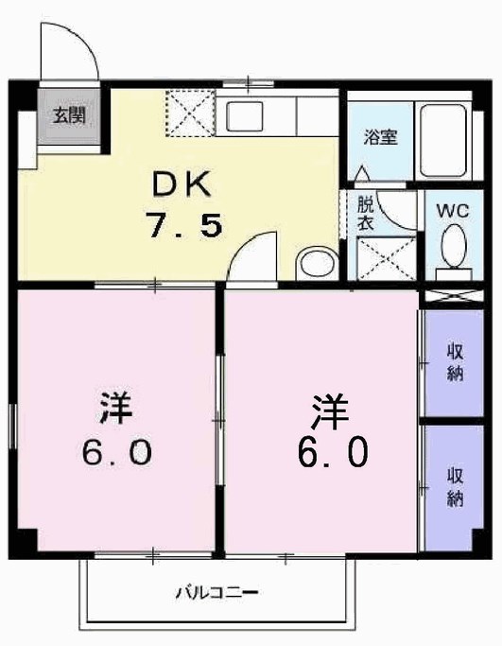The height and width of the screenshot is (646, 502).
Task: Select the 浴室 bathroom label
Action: click(x=381, y=137)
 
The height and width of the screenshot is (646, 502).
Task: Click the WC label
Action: click(x=452, y=211)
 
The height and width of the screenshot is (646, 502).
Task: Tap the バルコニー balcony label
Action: click(x=216, y=594)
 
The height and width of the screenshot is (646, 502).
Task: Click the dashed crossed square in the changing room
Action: click(x=386, y=256)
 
